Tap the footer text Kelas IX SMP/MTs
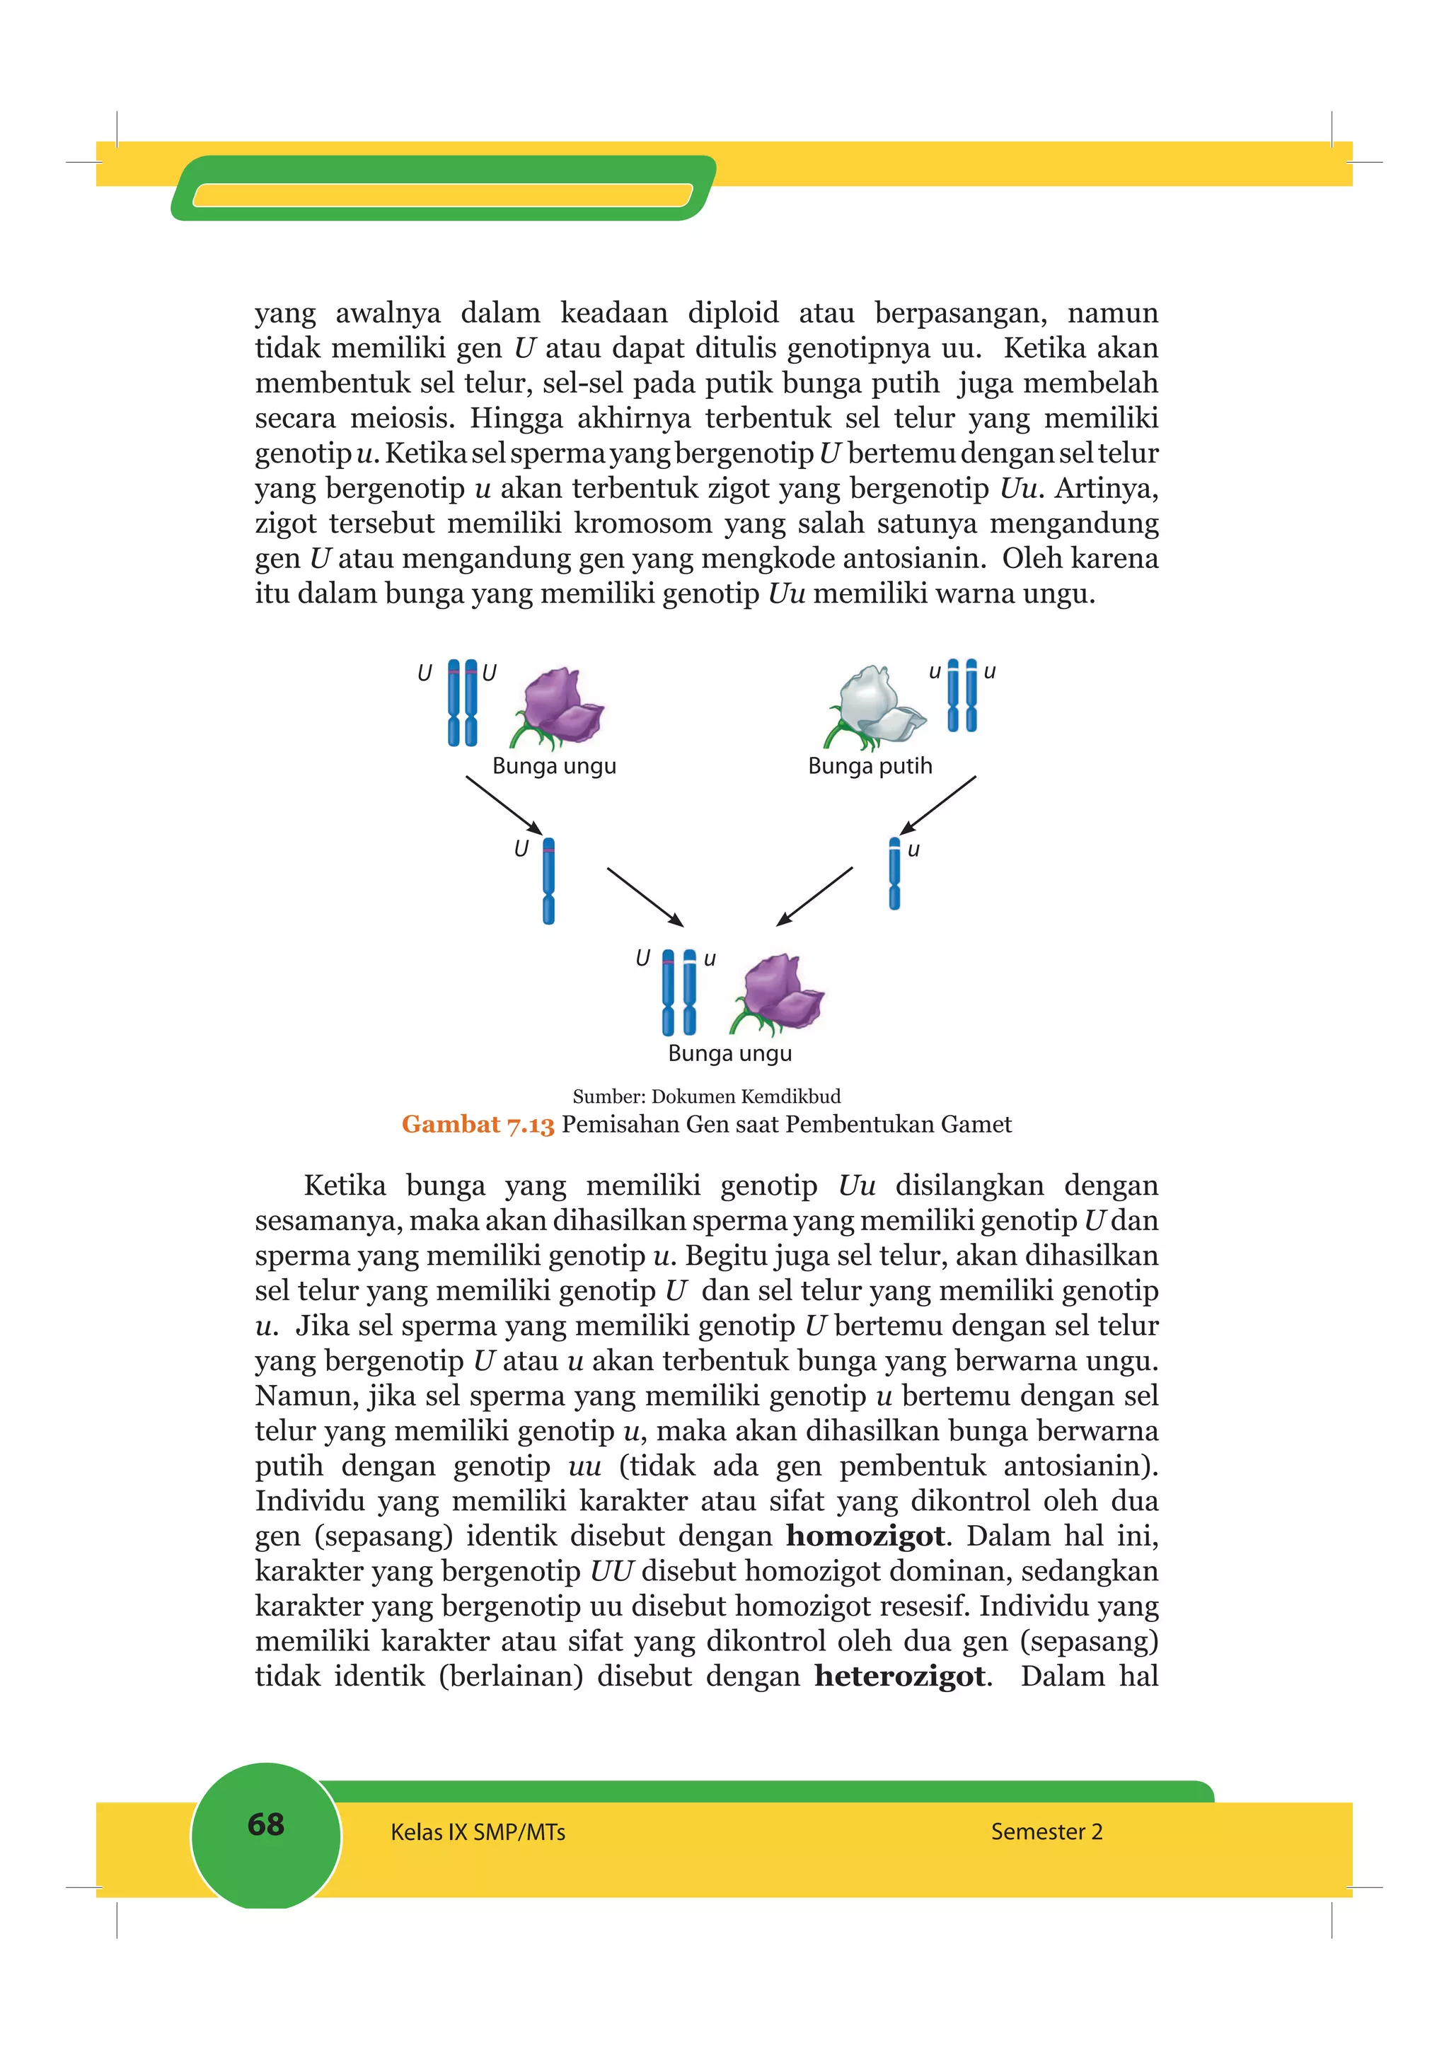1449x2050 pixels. coord(478,1832)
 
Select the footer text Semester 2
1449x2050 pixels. coord(1046,1831)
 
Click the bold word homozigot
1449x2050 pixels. coord(864,1536)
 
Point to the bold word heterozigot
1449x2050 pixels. coord(900,1676)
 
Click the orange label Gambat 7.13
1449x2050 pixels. coord(478,1124)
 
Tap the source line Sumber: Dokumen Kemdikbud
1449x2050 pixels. coord(706,1096)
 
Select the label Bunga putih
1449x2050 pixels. coord(870,766)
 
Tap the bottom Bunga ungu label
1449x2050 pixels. coord(729,1053)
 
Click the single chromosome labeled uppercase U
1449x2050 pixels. coord(548,881)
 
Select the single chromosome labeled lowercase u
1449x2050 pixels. coord(894,873)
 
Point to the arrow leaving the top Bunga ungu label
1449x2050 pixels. coord(504,804)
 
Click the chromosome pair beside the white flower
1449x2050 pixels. coord(962,695)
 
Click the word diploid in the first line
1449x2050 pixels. coord(732,313)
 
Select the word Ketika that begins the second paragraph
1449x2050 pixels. coord(345,1186)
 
